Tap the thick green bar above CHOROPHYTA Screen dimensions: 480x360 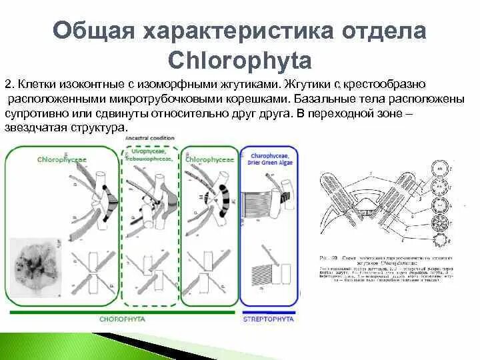[x=122, y=311]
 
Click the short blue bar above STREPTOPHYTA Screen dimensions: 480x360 [x=270, y=311]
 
